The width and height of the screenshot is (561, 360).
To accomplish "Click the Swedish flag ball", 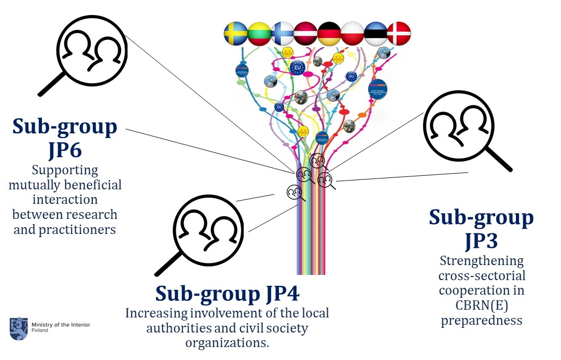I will pos(236,33).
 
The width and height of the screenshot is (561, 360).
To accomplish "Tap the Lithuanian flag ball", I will pos(259,33).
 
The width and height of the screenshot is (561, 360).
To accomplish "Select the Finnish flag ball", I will pos(283,33).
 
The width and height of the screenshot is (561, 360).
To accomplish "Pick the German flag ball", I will pos(329,33).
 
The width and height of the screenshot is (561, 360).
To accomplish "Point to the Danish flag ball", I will pos(399,33).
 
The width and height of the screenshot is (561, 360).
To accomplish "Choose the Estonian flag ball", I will pos(375,33).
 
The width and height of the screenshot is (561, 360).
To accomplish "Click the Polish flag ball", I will pos(352,33).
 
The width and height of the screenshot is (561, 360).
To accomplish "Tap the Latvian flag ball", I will pos(306,33).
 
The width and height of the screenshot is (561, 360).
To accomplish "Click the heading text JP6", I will pos(65,150).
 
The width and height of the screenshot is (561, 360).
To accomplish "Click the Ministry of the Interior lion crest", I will pos(19,328).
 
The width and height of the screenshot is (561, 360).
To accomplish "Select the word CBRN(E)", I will pos(482,305).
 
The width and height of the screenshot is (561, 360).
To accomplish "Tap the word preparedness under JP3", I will pos(481,320).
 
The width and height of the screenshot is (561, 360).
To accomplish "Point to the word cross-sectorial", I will pos(482,275).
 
